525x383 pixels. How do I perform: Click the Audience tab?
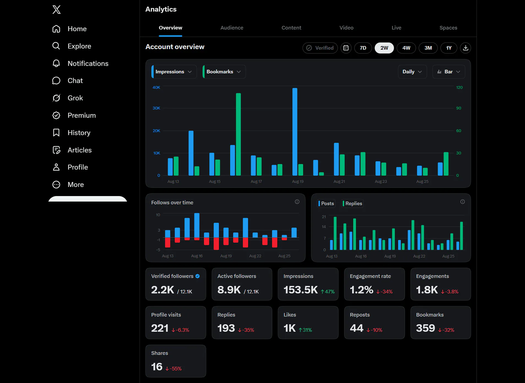click(x=232, y=28)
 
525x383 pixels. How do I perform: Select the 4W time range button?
click(x=406, y=48)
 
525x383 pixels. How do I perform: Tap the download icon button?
click(x=466, y=48)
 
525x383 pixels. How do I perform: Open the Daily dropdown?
click(x=412, y=72)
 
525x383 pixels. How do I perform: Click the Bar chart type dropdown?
click(x=449, y=72)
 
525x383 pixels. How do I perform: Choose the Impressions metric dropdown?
click(x=174, y=72)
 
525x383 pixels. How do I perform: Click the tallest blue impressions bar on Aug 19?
click(x=295, y=132)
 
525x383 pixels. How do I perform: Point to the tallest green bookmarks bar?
click(x=238, y=134)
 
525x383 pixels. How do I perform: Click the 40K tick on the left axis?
click(x=156, y=87)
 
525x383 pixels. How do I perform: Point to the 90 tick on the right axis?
click(x=459, y=108)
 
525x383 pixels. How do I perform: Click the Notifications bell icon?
click(x=56, y=63)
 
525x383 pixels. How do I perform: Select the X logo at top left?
click(x=56, y=10)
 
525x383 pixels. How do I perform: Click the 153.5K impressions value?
click(x=301, y=290)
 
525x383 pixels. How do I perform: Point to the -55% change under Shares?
click(x=173, y=369)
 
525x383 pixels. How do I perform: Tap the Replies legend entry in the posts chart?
click(x=352, y=203)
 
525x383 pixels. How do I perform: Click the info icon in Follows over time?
click(x=297, y=202)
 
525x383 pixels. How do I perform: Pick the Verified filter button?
click(x=320, y=48)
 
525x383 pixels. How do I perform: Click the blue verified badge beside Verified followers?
click(x=198, y=276)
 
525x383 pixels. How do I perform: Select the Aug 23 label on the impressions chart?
click(x=381, y=181)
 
